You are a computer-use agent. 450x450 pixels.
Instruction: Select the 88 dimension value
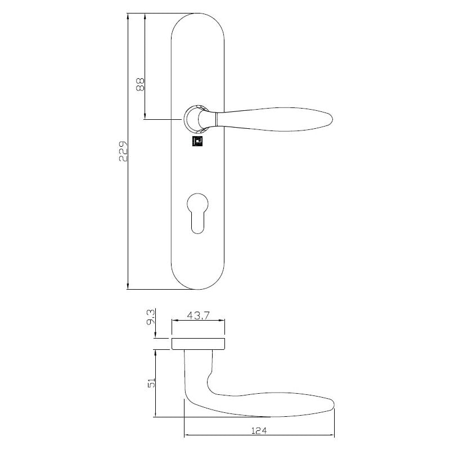pos(141,84)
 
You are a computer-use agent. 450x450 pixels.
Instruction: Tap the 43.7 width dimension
pos(198,316)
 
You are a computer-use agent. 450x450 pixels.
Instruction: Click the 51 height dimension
pos(150,383)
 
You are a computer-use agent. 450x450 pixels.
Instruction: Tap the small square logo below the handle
pos(198,141)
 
